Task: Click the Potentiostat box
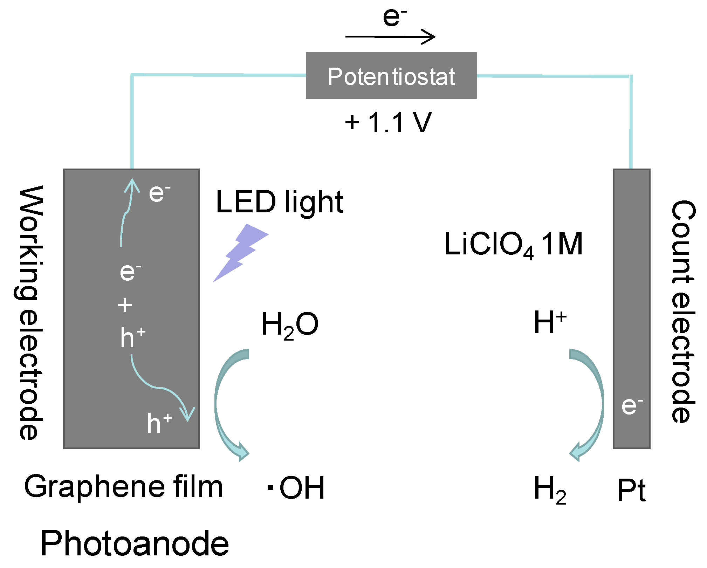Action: pos(391,76)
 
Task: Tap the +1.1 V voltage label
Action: pos(388,123)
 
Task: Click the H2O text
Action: pos(290,325)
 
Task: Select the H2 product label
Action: pos(549,490)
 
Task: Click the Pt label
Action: pos(631,491)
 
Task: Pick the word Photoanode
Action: pos(135,543)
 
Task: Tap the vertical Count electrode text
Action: pos(682,312)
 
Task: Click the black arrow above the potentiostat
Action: pos(390,36)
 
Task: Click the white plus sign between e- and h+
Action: pos(125,305)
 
